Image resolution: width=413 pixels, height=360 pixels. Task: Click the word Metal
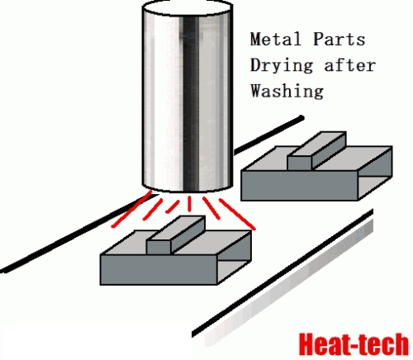[x=275, y=39]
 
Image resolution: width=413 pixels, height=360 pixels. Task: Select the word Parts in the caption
[x=339, y=39]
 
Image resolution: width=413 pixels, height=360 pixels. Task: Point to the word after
[x=350, y=65]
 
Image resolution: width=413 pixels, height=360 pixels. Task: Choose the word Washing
[x=287, y=91]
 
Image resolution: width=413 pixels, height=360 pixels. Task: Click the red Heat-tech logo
[x=354, y=344]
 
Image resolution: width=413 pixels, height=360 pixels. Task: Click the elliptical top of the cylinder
[x=188, y=7]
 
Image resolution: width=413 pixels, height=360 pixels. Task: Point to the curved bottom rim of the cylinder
[x=188, y=189]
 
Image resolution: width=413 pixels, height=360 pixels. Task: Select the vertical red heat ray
[x=189, y=204]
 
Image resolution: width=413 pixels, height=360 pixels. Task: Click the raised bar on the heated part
[x=176, y=234]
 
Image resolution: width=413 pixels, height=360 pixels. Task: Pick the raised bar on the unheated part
[x=316, y=151]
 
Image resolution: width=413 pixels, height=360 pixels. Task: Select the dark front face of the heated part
[x=159, y=270]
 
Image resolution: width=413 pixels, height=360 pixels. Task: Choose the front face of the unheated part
[x=300, y=186]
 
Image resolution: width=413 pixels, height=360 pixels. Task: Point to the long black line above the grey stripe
[x=282, y=273]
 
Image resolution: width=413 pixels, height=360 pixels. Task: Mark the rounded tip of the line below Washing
[x=301, y=118]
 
